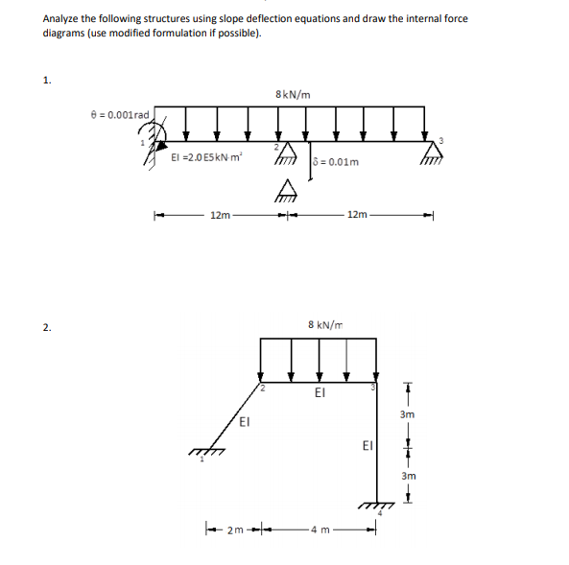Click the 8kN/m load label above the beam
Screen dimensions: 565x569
point(292,93)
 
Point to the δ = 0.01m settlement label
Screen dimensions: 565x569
point(337,161)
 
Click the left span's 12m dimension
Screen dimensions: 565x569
point(220,214)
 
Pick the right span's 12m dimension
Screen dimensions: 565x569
point(357,214)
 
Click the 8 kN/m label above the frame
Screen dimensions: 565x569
point(326,325)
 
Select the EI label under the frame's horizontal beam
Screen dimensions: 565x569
point(320,392)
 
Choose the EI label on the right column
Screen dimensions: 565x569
point(367,445)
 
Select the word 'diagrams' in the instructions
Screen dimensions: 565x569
point(64,32)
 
